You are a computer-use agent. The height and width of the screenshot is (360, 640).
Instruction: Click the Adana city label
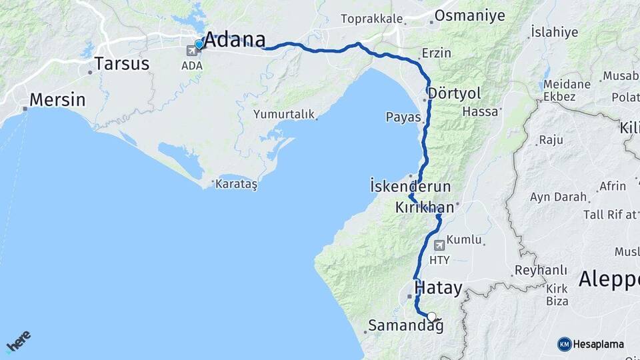(x=234, y=40)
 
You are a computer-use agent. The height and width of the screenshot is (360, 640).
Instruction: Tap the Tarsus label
(x=121, y=64)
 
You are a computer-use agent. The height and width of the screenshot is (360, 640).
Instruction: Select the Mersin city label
(x=57, y=101)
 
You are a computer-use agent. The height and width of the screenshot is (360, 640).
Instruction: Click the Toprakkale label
(x=371, y=18)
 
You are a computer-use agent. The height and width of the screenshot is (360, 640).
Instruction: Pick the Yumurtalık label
(x=283, y=114)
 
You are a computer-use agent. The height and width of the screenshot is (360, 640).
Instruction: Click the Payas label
(x=403, y=117)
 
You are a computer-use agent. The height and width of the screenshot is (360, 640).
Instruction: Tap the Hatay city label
(x=438, y=289)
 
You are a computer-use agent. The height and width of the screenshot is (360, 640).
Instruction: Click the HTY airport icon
(x=439, y=245)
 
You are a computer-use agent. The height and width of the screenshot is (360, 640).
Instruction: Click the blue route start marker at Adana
(x=199, y=45)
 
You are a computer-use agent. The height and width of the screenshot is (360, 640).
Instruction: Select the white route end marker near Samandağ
(x=432, y=317)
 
